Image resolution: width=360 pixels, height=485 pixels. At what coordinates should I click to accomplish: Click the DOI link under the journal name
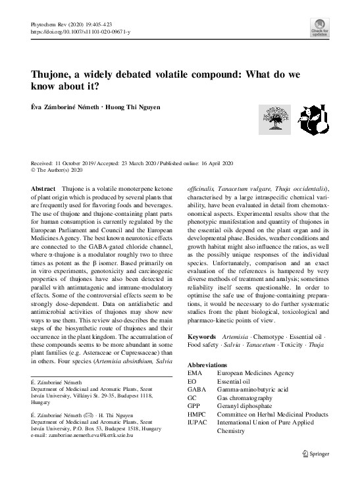[x=80, y=32]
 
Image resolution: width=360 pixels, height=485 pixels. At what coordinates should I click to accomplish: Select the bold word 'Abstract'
[x=43, y=188]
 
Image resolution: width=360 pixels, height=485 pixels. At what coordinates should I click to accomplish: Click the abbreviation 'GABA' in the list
[x=197, y=389]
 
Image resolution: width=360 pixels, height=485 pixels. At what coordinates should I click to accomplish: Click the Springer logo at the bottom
[x=315, y=453]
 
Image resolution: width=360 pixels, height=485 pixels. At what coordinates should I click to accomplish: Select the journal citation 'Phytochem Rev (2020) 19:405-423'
[x=71, y=24]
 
